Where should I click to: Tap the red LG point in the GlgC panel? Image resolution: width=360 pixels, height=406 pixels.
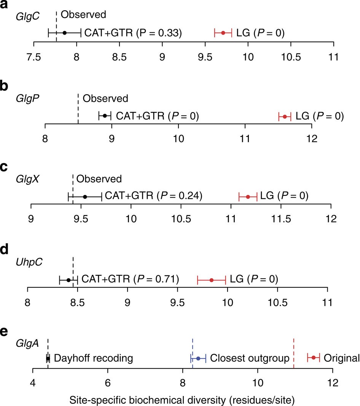coord(223,33)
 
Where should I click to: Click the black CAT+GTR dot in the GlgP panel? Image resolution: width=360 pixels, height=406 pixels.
coord(105,115)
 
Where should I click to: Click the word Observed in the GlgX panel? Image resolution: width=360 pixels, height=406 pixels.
coord(99,179)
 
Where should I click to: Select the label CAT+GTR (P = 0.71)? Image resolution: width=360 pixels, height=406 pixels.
coord(130,280)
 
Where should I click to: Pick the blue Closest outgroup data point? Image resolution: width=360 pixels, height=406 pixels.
coord(198,358)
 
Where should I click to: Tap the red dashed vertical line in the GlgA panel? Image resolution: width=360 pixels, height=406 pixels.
coord(294,350)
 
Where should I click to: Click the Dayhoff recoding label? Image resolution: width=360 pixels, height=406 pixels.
coord(93,358)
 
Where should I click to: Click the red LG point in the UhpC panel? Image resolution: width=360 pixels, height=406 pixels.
coord(212,280)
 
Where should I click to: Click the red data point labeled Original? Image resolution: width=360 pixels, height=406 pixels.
coord(314,357)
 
